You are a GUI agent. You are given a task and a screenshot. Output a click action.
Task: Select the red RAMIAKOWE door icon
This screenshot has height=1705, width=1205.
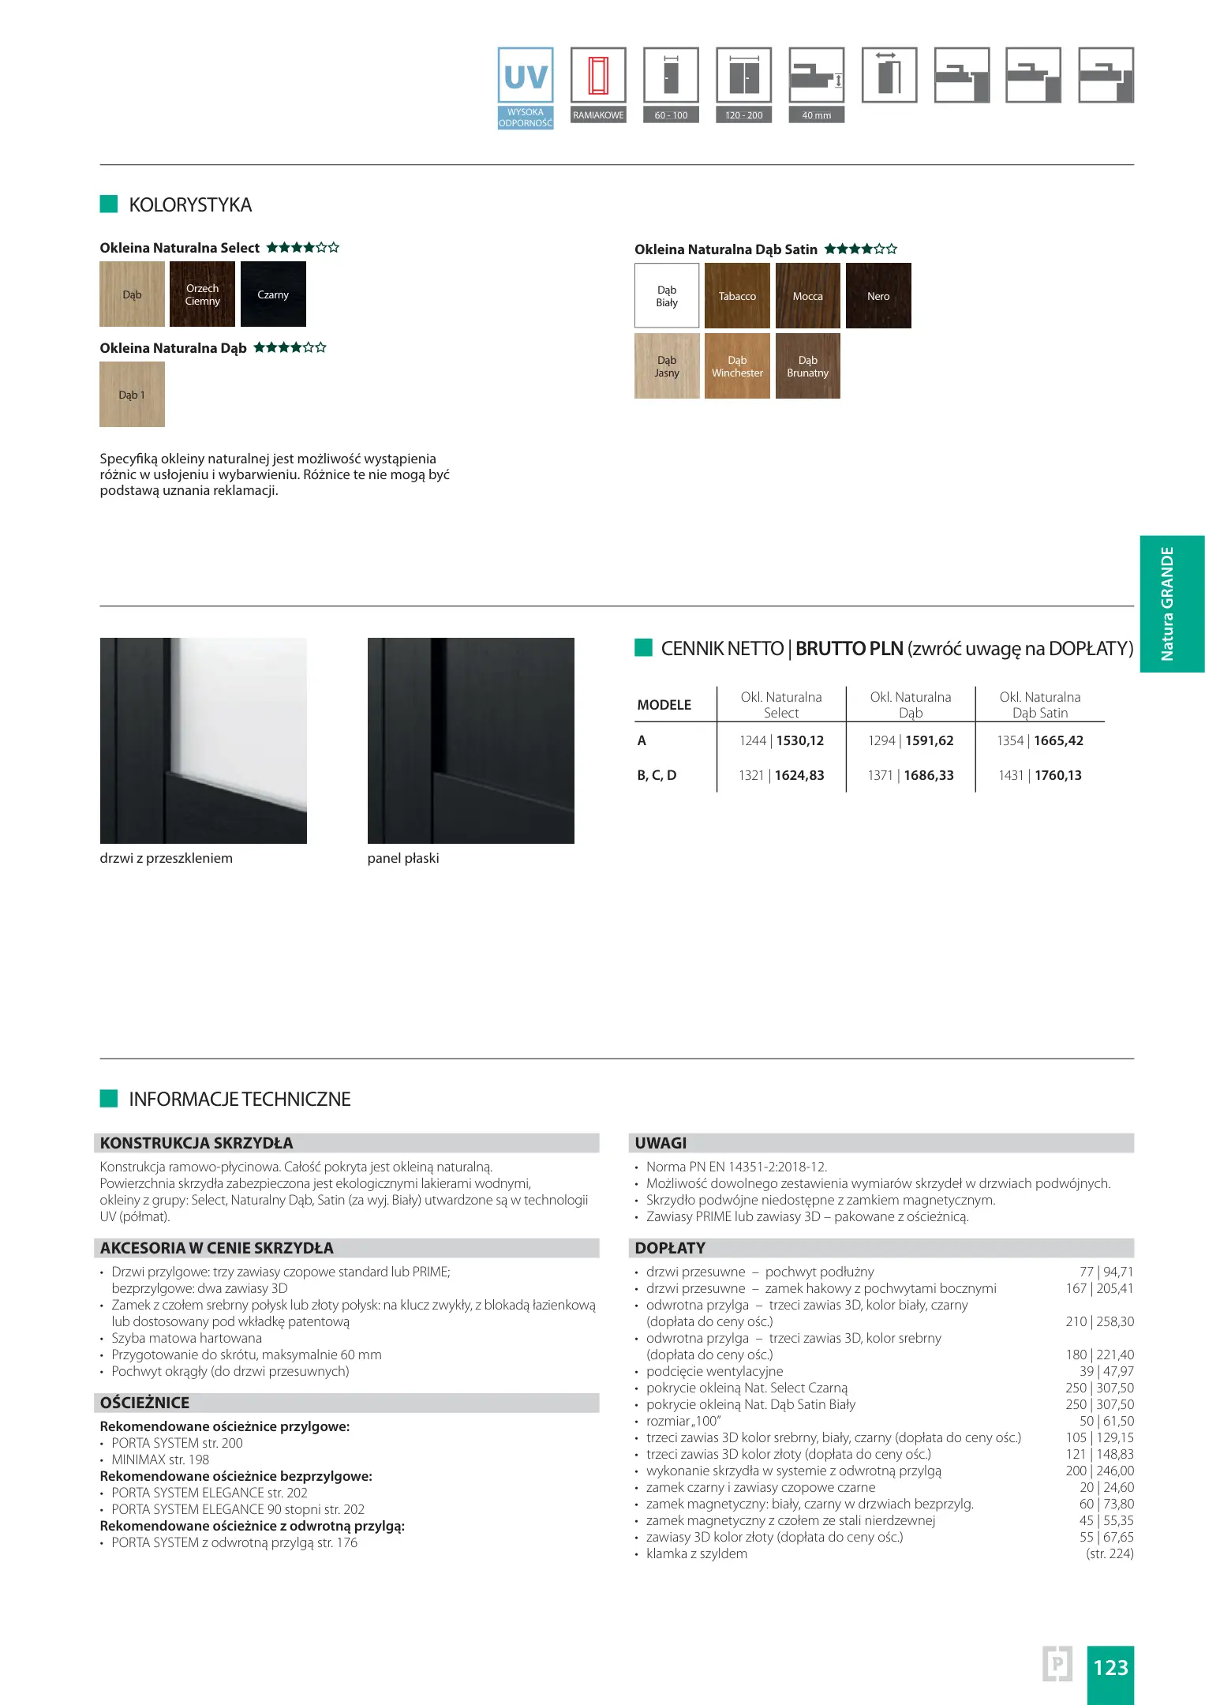pos(598,76)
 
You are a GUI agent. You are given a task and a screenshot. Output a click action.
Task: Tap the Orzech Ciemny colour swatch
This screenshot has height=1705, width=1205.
pos(202,294)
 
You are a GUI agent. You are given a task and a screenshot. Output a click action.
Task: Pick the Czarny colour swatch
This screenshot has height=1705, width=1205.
pos(273,294)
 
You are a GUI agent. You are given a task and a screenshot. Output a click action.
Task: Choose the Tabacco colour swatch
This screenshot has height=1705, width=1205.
pos(737,296)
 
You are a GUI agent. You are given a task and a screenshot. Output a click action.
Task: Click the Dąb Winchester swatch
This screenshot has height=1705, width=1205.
pos(737,366)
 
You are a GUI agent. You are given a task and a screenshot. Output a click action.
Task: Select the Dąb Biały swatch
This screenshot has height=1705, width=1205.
pos(667,296)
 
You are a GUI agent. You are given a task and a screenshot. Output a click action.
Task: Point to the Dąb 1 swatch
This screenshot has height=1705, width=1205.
pos(132,395)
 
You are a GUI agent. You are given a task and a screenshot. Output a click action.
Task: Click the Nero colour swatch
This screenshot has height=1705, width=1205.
pos(878,296)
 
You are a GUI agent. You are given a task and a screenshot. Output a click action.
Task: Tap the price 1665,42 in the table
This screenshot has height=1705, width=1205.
pos(1058,740)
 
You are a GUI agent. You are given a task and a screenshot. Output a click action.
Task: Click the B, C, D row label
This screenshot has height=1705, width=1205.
pos(657,775)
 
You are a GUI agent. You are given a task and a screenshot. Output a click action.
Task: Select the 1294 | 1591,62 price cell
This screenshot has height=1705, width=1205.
pos(911,740)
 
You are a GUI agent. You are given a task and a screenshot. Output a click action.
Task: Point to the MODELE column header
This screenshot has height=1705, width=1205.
pos(664,705)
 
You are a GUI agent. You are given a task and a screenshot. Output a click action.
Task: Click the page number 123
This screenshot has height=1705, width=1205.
pos(1110,1667)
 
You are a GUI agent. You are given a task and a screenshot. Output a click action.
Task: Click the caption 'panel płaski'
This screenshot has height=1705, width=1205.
pos(403,858)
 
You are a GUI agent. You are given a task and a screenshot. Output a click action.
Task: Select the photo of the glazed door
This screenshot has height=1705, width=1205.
pos(204,740)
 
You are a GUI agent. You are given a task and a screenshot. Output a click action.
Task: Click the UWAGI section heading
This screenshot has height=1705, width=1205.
pos(661,1143)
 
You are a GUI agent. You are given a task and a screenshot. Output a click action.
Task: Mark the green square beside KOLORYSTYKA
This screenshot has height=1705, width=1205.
pos(109,204)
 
